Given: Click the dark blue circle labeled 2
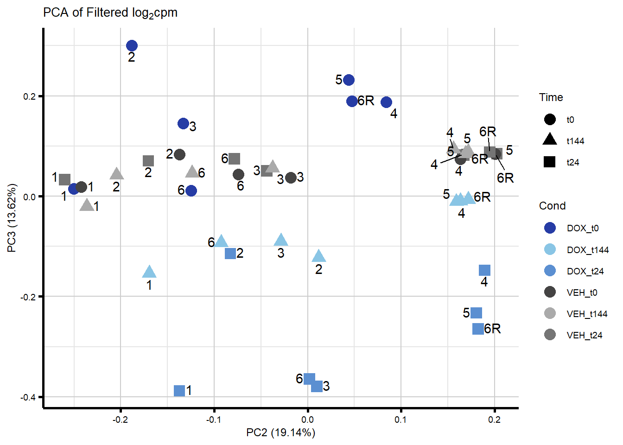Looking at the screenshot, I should coord(132,45).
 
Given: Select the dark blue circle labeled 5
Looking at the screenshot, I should coord(349,80).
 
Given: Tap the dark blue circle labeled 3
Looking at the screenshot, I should coord(183,123).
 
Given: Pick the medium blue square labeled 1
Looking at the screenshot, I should coord(179,391).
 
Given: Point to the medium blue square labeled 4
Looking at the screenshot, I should coord(484,270).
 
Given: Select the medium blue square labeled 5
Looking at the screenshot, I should coord(476,313).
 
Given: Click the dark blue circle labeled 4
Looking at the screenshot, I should coord(386,102).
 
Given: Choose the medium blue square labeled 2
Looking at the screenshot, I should coord(230,254).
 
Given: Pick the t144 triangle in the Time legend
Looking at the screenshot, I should coord(550,140).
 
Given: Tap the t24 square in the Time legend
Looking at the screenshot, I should coord(550,162).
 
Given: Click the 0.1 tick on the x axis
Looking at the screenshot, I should coord(400,420).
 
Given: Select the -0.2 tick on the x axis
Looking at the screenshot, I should coord(120,420).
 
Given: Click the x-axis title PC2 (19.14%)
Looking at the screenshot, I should coord(280,432).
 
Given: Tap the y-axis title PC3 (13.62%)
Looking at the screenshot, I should coord(13,218).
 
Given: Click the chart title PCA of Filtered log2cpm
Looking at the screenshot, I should coord(110,13).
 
